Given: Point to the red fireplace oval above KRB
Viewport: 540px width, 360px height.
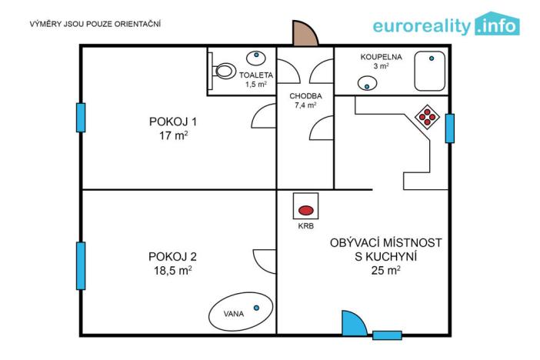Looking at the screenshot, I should pyautogui.click(x=306, y=209).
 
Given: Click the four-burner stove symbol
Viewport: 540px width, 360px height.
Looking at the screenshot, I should pyautogui.click(x=426, y=117).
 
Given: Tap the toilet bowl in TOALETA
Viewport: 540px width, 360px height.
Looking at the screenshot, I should pyautogui.click(x=225, y=71).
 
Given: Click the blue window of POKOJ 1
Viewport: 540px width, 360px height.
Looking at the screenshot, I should pyautogui.click(x=81, y=117).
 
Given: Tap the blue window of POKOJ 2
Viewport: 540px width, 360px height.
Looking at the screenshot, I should pyautogui.click(x=81, y=265).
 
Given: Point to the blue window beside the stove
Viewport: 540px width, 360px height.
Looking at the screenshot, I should pyautogui.click(x=450, y=128).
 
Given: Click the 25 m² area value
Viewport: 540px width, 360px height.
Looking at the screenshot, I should pyautogui.click(x=385, y=270).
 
